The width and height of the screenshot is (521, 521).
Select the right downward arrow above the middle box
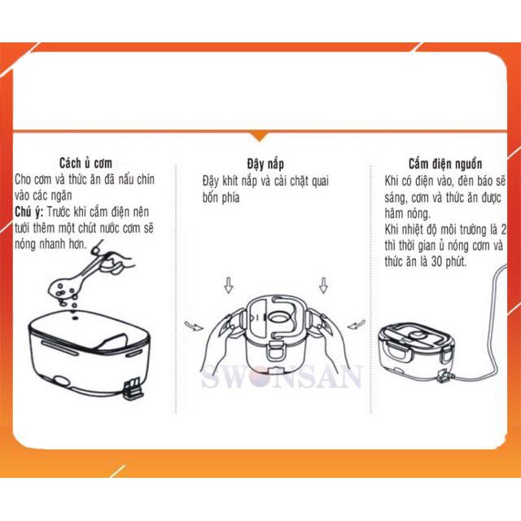pyautogui.click(x=323, y=286)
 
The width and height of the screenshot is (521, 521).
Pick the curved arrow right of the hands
pyautogui.click(x=355, y=326)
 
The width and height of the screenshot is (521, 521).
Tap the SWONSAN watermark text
pyautogui.click(x=282, y=379)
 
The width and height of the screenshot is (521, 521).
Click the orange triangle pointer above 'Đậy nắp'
pyautogui.click(x=260, y=135)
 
